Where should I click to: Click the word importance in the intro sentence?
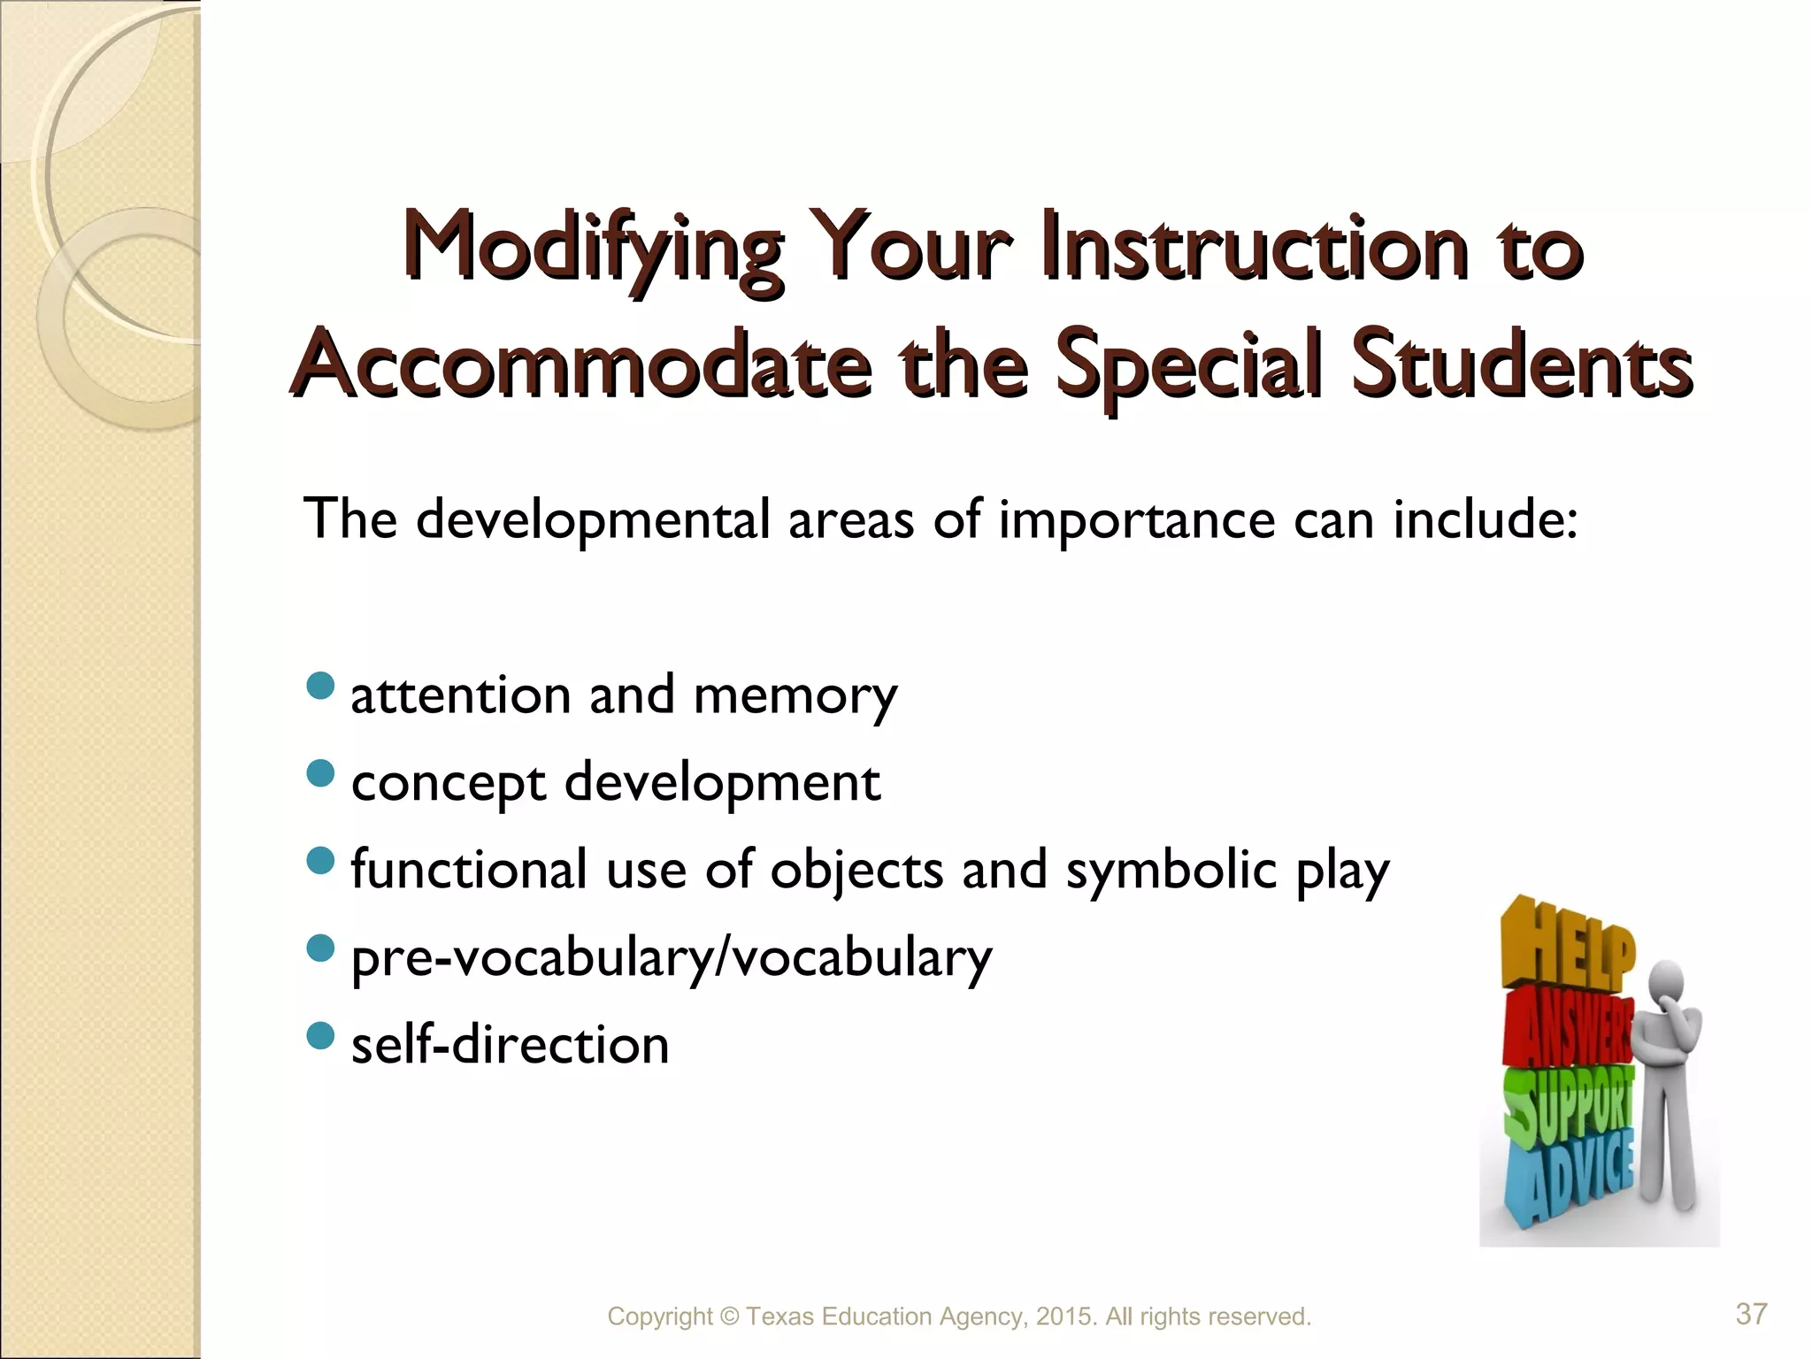pyautogui.click(x=1136, y=519)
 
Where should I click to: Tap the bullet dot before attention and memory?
pyautogui.click(x=319, y=685)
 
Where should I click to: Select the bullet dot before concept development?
pyautogui.click(x=319, y=772)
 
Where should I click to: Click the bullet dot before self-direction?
pyautogui.click(x=319, y=1034)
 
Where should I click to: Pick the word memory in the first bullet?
pyautogui.click(x=795, y=695)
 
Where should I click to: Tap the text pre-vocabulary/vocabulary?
pyautogui.click(x=672, y=957)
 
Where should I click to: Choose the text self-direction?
pyautogui.click(x=511, y=1045)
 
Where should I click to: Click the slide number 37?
pyautogui.click(x=1751, y=1315)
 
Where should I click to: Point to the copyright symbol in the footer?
pyautogui.click(x=729, y=1317)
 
